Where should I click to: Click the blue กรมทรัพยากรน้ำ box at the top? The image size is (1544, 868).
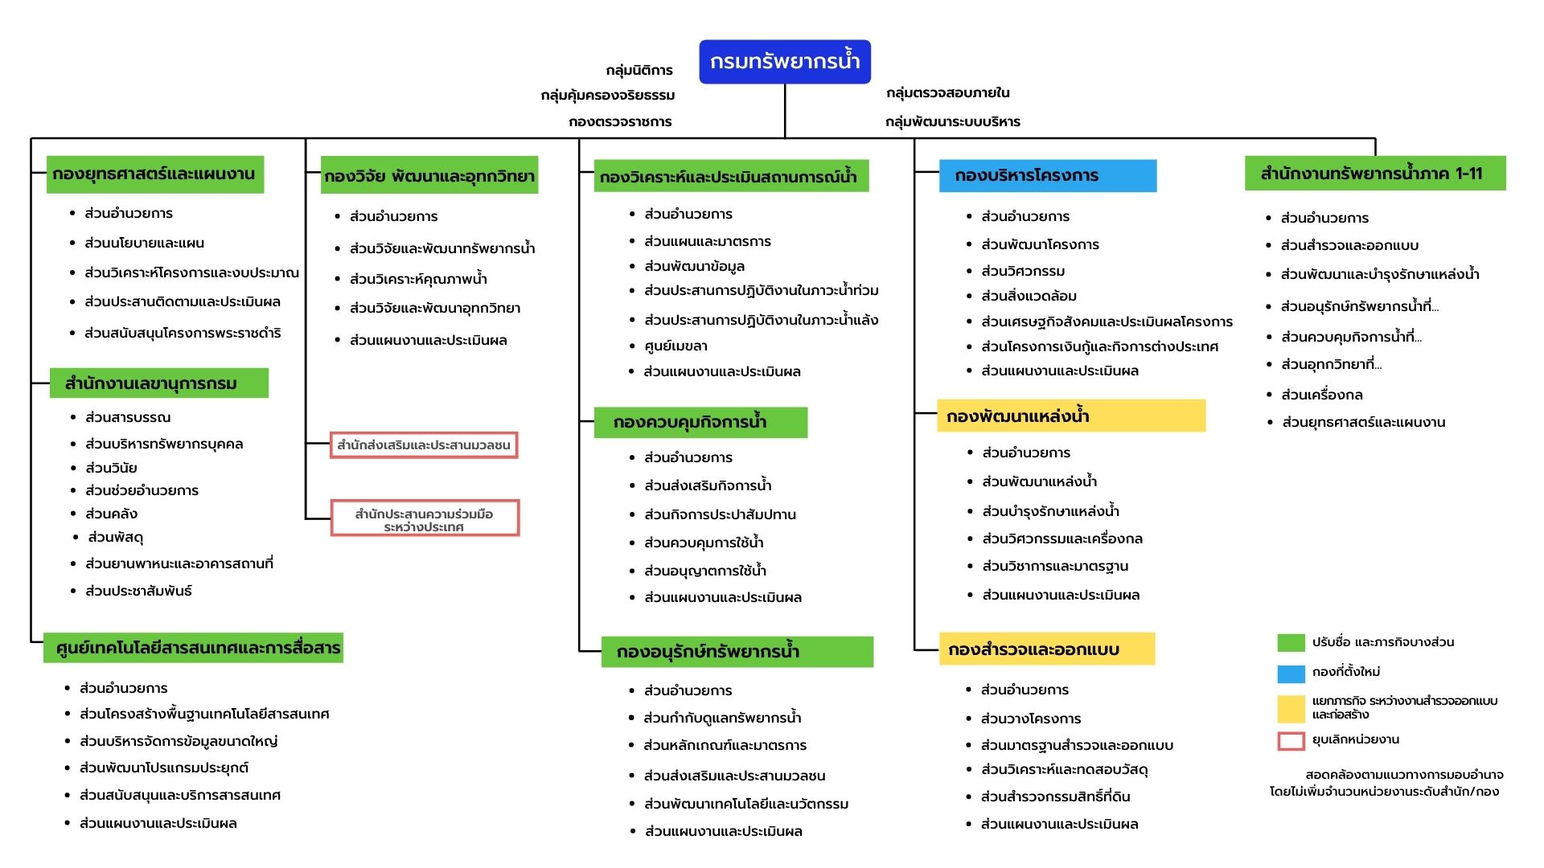click(x=785, y=62)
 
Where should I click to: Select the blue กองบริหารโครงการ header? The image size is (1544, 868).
click(x=1048, y=175)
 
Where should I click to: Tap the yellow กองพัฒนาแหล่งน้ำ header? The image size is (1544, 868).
click(x=1071, y=416)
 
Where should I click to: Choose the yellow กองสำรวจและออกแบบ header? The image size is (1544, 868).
click(x=1047, y=649)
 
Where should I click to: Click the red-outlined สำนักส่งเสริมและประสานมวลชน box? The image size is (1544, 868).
click(x=424, y=445)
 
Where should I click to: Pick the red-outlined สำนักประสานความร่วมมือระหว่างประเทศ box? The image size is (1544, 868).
click(x=425, y=518)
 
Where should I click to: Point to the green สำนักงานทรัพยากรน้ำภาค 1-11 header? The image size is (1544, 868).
click(x=1375, y=174)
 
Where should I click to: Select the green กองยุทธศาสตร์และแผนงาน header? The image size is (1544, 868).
click(x=155, y=174)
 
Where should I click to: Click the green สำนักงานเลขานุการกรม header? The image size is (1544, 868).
click(x=159, y=383)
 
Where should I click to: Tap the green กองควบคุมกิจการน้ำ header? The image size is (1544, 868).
click(x=700, y=423)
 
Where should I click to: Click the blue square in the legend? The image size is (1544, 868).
click(x=1291, y=673)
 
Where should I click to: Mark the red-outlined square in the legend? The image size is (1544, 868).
click(x=1291, y=740)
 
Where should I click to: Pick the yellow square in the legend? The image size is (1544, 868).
click(x=1291, y=708)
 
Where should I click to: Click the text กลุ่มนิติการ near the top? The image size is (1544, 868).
click(x=639, y=71)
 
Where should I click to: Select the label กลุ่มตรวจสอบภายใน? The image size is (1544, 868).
click(x=948, y=93)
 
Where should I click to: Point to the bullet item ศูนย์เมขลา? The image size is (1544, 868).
click(x=675, y=346)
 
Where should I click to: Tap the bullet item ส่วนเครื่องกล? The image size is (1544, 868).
click(x=1321, y=395)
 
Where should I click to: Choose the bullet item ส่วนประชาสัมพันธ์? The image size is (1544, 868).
click(x=138, y=592)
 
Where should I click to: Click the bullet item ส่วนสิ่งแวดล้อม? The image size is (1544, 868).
click(x=1029, y=297)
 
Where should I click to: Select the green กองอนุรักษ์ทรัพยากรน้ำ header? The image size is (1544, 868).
click(x=737, y=652)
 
